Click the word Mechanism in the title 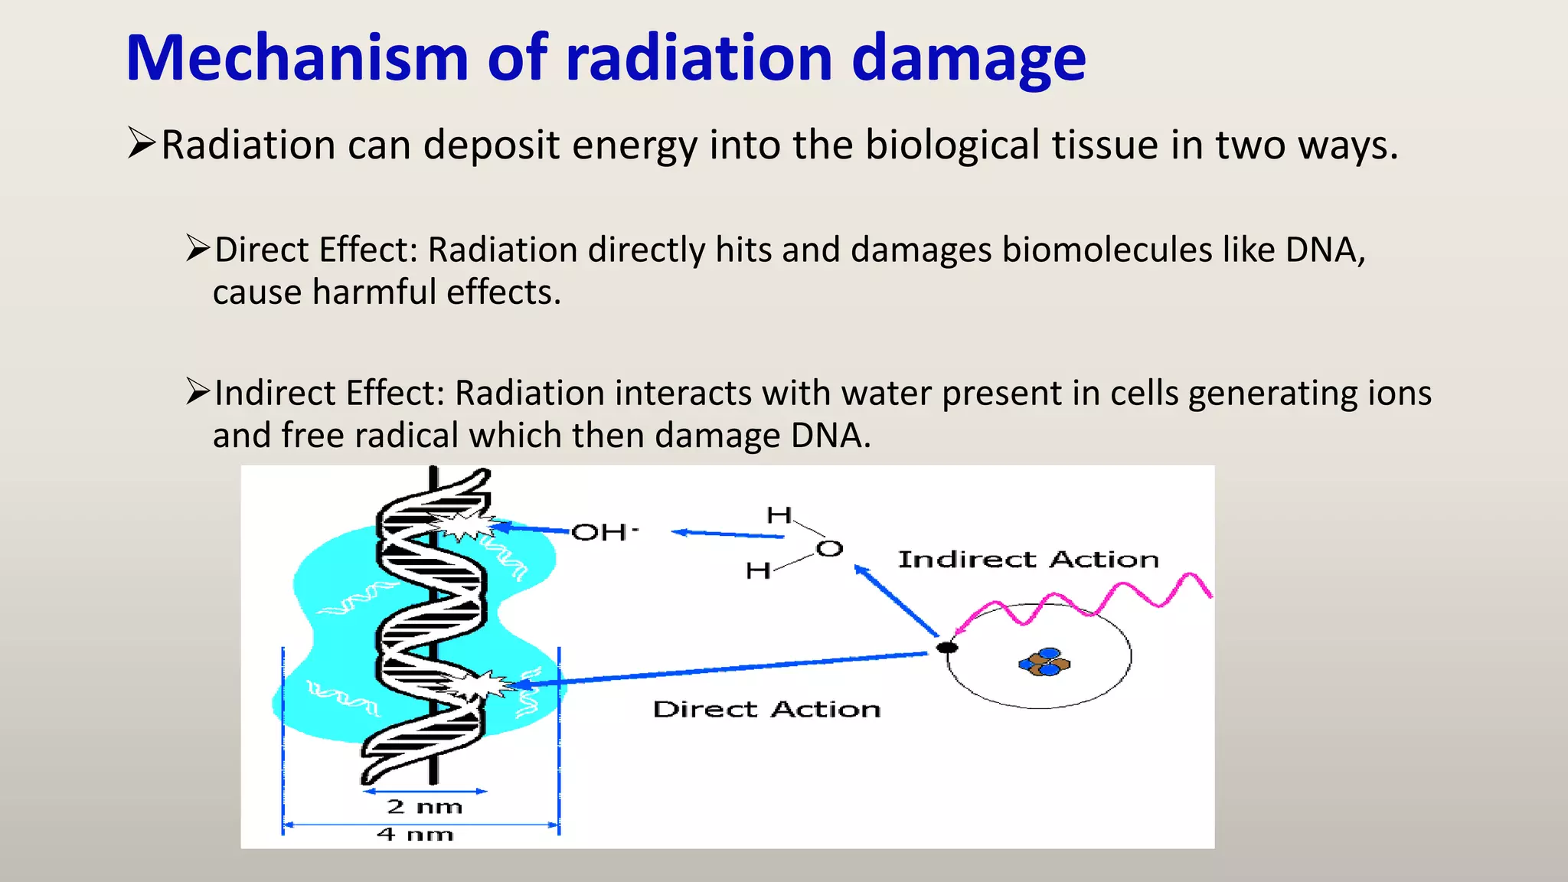(x=297, y=58)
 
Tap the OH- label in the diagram (x=604, y=532)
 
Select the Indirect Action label (x=1028, y=560)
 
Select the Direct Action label (x=766, y=710)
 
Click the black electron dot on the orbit (x=947, y=648)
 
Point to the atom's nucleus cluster (x=1044, y=662)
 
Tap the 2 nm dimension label (x=424, y=807)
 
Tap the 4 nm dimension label (x=415, y=835)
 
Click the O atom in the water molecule (x=829, y=549)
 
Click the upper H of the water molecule (x=779, y=515)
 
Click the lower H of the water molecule (x=758, y=571)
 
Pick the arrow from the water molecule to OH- (x=727, y=534)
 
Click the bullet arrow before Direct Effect (x=198, y=249)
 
